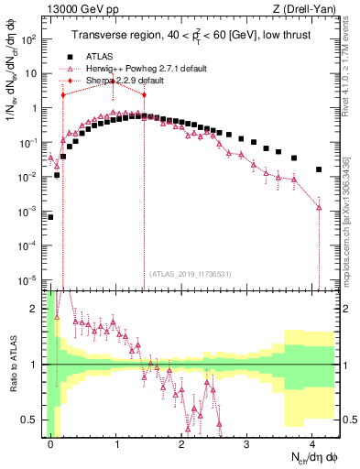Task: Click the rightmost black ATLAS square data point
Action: (318, 169)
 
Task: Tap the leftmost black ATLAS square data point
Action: (50, 217)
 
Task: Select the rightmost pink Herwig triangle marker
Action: (318, 208)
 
